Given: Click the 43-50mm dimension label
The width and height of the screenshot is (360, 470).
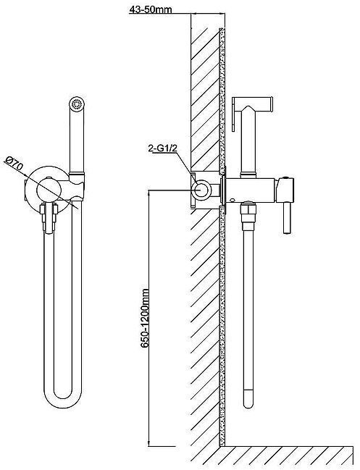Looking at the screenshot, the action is (x=151, y=9).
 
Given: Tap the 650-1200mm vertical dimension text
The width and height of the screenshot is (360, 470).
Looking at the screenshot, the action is (x=145, y=319).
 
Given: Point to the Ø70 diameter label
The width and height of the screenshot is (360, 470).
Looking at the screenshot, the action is (x=14, y=164).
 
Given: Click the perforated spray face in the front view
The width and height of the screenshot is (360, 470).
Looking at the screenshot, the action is (x=78, y=104).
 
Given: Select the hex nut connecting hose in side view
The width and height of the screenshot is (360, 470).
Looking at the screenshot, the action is (x=248, y=212).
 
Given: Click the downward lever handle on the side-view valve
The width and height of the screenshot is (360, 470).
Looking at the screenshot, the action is (x=287, y=217).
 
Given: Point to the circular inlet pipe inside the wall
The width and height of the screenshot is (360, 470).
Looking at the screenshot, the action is (x=201, y=190).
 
